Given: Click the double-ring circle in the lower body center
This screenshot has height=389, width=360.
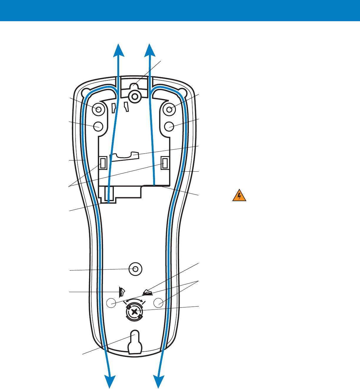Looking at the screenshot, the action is [x=135, y=269].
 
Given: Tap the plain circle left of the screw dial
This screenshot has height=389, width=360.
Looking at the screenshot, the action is [x=111, y=303].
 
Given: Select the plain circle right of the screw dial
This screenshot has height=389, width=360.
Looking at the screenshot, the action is [x=159, y=303].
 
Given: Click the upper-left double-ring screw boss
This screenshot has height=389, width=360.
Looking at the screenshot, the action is [x=99, y=109].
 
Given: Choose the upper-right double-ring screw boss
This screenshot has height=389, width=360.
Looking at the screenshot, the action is [x=169, y=109].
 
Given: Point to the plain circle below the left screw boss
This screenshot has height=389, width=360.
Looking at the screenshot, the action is [x=99, y=126].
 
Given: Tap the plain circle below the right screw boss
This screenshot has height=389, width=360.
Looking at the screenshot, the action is [x=169, y=126].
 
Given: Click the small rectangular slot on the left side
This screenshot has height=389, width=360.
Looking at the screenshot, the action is [x=103, y=163].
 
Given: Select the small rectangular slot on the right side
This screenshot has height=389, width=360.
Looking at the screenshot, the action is [x=165, y=163].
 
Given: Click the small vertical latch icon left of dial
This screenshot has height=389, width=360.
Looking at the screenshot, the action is [x=122, y=292].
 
